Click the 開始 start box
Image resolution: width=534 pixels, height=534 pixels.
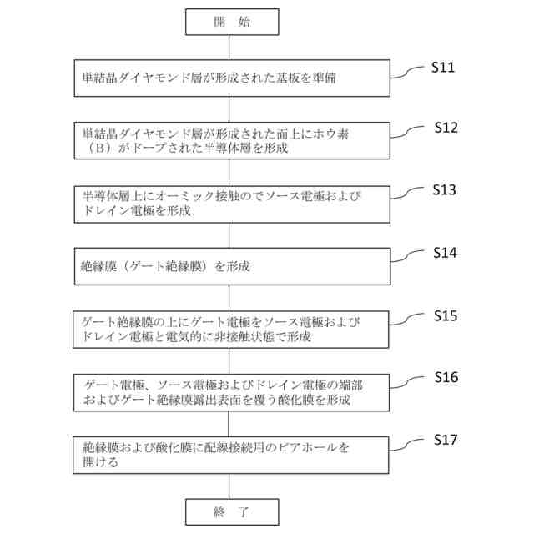(x=231, y=23)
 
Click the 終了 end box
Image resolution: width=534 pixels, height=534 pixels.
(x=231, y=511)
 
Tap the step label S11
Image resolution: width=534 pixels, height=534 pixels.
(x=443, y=68)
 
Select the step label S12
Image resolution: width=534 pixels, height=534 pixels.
(x=446, y=128)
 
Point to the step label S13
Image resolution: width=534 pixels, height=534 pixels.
(x=444, y=190)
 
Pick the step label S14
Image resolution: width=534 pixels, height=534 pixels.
(x=445, y=253)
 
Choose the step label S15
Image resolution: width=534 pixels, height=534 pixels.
(x=446, y=315)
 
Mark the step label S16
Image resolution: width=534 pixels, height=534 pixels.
(x=446, y=377)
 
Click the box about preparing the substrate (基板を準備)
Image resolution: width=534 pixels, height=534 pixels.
(x=231, y=78)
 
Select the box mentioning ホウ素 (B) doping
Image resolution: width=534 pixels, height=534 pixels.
(x=231, y=141)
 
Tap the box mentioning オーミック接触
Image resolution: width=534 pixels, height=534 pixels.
(x=231, y=204)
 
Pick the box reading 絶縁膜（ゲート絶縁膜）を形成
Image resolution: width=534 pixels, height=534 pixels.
(x=231, y=267)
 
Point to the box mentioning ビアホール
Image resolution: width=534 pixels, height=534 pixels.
(x=231, y=454)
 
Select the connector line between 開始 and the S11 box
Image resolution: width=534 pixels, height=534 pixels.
(x=231, y=48)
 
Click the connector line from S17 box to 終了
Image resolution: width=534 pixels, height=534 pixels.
(x=231, y=486)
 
